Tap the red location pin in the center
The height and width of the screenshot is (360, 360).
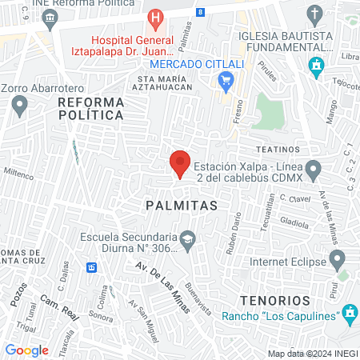(x=179, y=163)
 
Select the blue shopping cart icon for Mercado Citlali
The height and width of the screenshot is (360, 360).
(x=226, y=79)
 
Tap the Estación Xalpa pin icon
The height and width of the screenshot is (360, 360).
(x=314, y=169)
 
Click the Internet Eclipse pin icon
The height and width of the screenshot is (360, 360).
(x=338, y=260)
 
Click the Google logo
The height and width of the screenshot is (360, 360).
(x=26, y=350)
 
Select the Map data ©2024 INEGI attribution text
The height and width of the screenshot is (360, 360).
(x=312, y=353)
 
